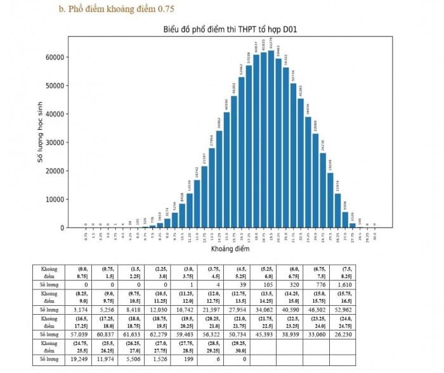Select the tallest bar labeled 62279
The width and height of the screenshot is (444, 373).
(x=271, y=139)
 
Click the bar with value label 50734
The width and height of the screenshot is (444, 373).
(x=293, y=155)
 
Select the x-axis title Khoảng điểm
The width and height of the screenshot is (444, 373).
(x=230, y=249)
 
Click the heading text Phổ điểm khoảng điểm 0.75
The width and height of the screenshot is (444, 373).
(x=117, y=9)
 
